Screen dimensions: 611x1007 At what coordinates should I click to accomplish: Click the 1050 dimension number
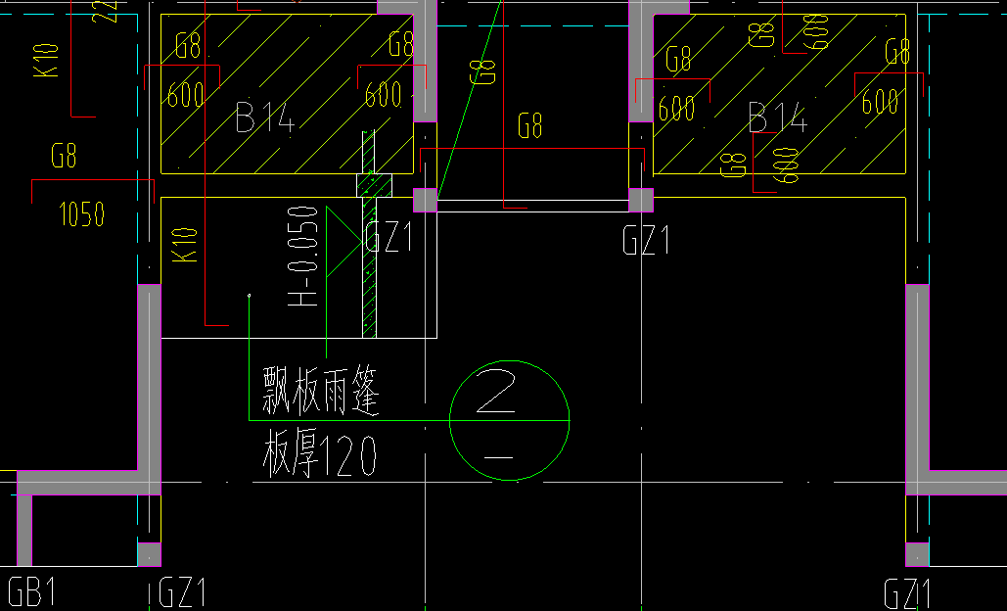point(82,214)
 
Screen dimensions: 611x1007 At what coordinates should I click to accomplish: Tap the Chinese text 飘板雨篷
point(320,392)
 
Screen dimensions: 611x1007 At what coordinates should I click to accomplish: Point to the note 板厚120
point(320,456)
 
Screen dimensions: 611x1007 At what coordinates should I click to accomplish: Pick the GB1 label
point(31,592)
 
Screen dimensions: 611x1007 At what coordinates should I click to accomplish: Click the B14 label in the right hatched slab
point(778,118)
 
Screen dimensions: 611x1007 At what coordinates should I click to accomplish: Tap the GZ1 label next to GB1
point(182,593)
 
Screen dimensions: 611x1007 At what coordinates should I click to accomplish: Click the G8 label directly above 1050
point(65,156)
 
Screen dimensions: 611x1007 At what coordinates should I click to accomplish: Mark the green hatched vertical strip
point(369,235)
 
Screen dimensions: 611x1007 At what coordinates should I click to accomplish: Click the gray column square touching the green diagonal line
point(425,200)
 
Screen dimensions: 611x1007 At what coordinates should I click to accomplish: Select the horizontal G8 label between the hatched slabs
point(530,126)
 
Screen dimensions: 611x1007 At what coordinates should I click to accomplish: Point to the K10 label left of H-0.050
point(185,245)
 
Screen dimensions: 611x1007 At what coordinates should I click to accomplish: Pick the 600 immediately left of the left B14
point(185,96)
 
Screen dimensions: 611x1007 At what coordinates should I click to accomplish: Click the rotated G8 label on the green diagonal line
point(483,71)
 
